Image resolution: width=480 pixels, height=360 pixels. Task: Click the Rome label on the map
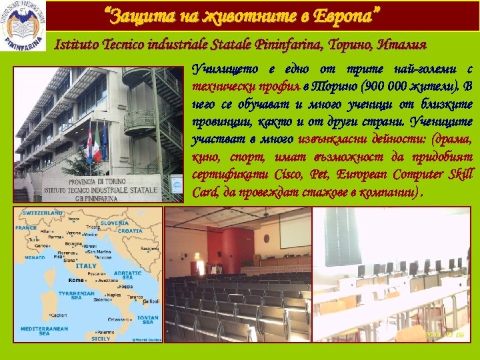(x=75, y=279)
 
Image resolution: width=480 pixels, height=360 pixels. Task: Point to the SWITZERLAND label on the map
(x=43, y=212)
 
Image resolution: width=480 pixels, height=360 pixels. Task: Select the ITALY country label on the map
(x=86, y=265)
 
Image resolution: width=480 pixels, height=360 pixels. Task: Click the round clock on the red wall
(x=267, y=237)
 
